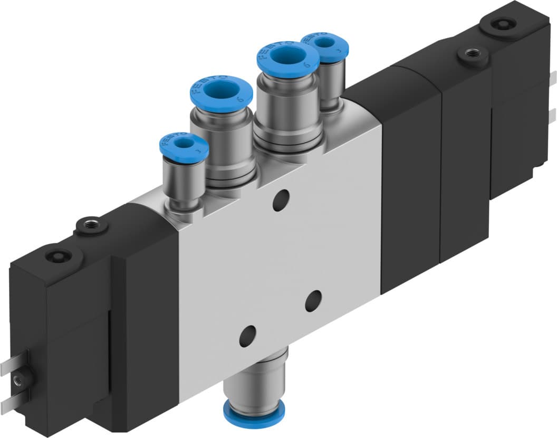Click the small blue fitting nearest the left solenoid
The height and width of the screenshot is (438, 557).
184,145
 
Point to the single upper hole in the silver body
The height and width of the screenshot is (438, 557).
281,200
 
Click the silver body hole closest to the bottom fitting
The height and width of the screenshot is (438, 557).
247,336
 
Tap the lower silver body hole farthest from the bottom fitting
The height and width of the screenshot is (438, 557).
313,300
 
